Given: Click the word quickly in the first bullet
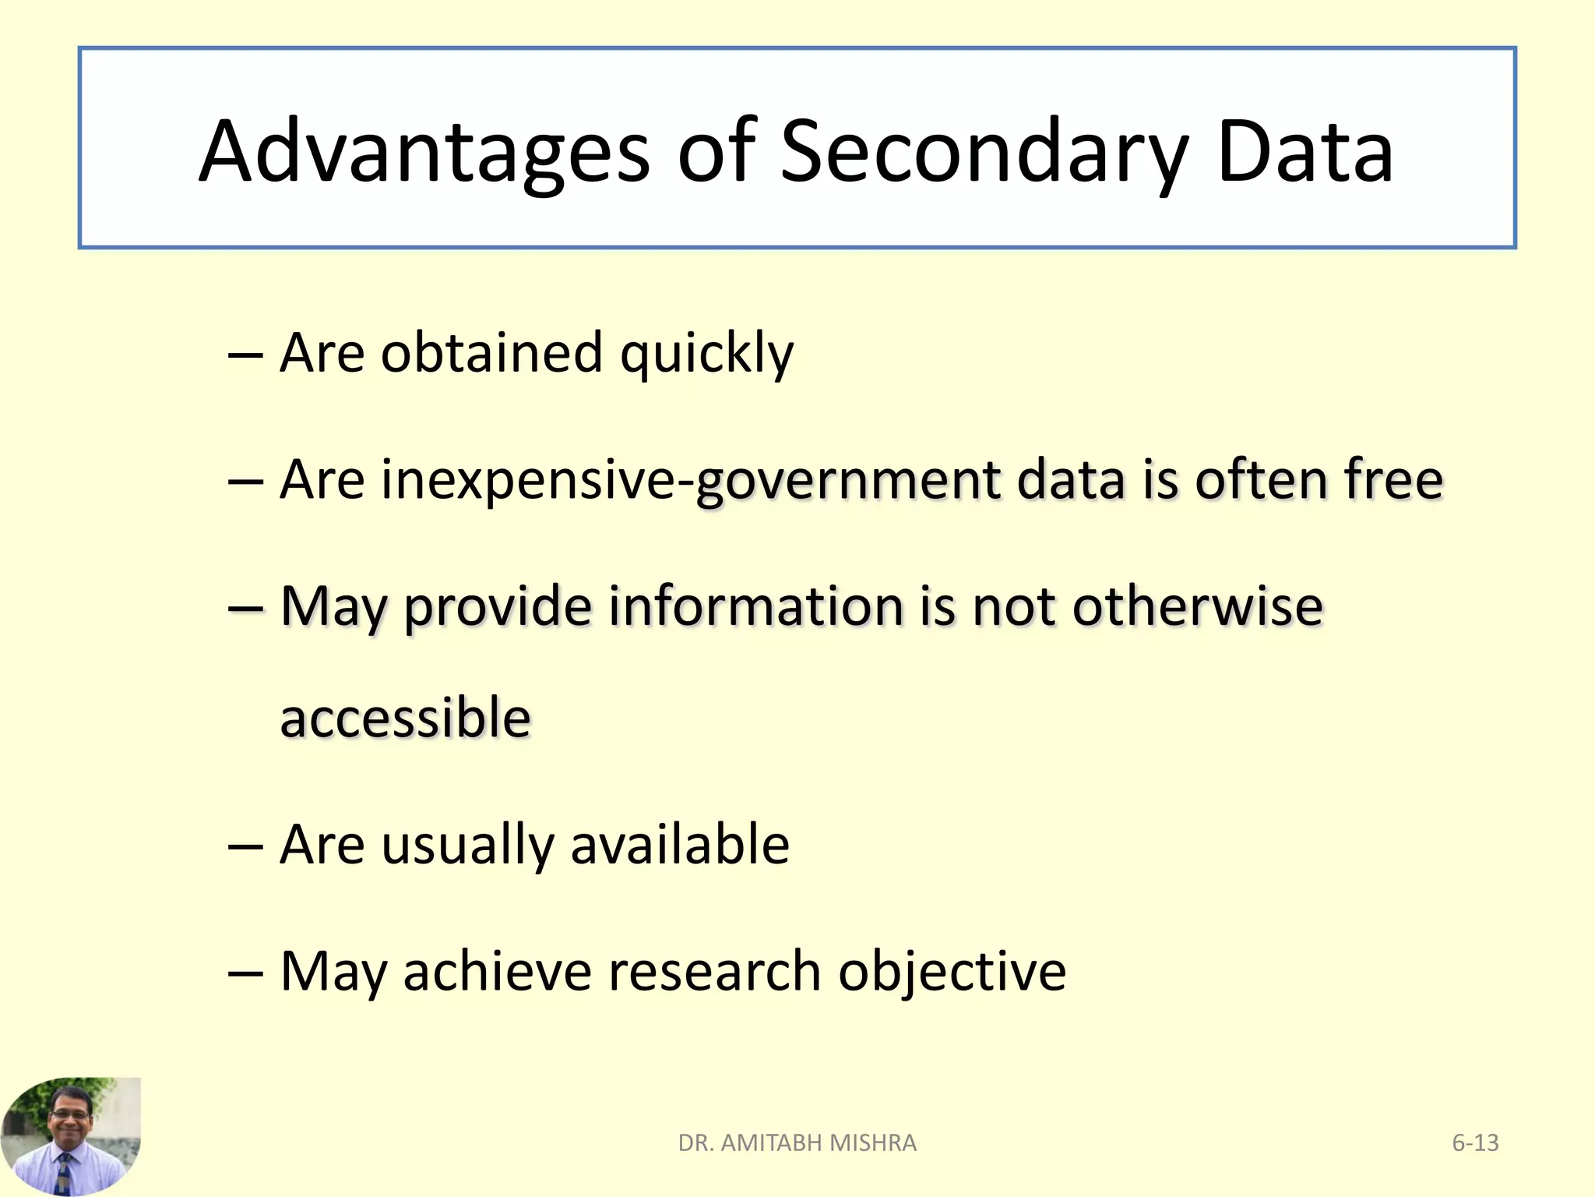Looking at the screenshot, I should point(706,355).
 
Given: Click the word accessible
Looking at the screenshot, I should point(405,718).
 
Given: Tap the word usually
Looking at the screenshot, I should point(467,846).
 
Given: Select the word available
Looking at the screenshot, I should point(680,845).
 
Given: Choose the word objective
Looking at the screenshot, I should point(952,973).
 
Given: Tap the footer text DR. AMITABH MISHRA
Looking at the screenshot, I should point(797,1142).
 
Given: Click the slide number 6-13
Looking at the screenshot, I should point(1475,1142).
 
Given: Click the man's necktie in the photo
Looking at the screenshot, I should point(64,1173).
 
